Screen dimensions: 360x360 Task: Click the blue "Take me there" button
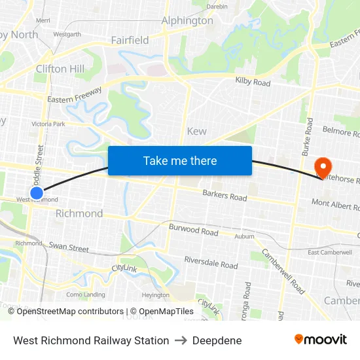[x=180, y=160]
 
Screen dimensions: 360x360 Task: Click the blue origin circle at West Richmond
[x=37, y=193]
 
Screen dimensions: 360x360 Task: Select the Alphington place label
[x=187, y=21]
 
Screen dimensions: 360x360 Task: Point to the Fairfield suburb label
[x=130, y=41]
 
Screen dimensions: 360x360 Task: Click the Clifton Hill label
[x=60, y=69]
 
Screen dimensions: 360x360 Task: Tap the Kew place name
[x=196, y=131]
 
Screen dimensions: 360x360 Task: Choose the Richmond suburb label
[x=79, y=213]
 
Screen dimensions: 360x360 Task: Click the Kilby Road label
[x=253, y=82]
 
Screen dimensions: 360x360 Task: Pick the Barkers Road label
[x=225, y=196]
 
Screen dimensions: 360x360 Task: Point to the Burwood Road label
[x=193, y=232]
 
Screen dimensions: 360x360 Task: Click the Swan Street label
[x=69, y=248]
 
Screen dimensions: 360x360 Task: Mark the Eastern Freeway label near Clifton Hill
[x=74, y=95]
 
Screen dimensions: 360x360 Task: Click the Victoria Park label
[x=48, y=124]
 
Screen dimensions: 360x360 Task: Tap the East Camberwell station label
[x=331, y=253]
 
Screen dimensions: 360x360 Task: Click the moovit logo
[x=320, y=340]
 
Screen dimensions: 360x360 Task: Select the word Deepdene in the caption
[x=217, y=340]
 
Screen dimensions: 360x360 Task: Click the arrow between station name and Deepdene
[x=181, y=340]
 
